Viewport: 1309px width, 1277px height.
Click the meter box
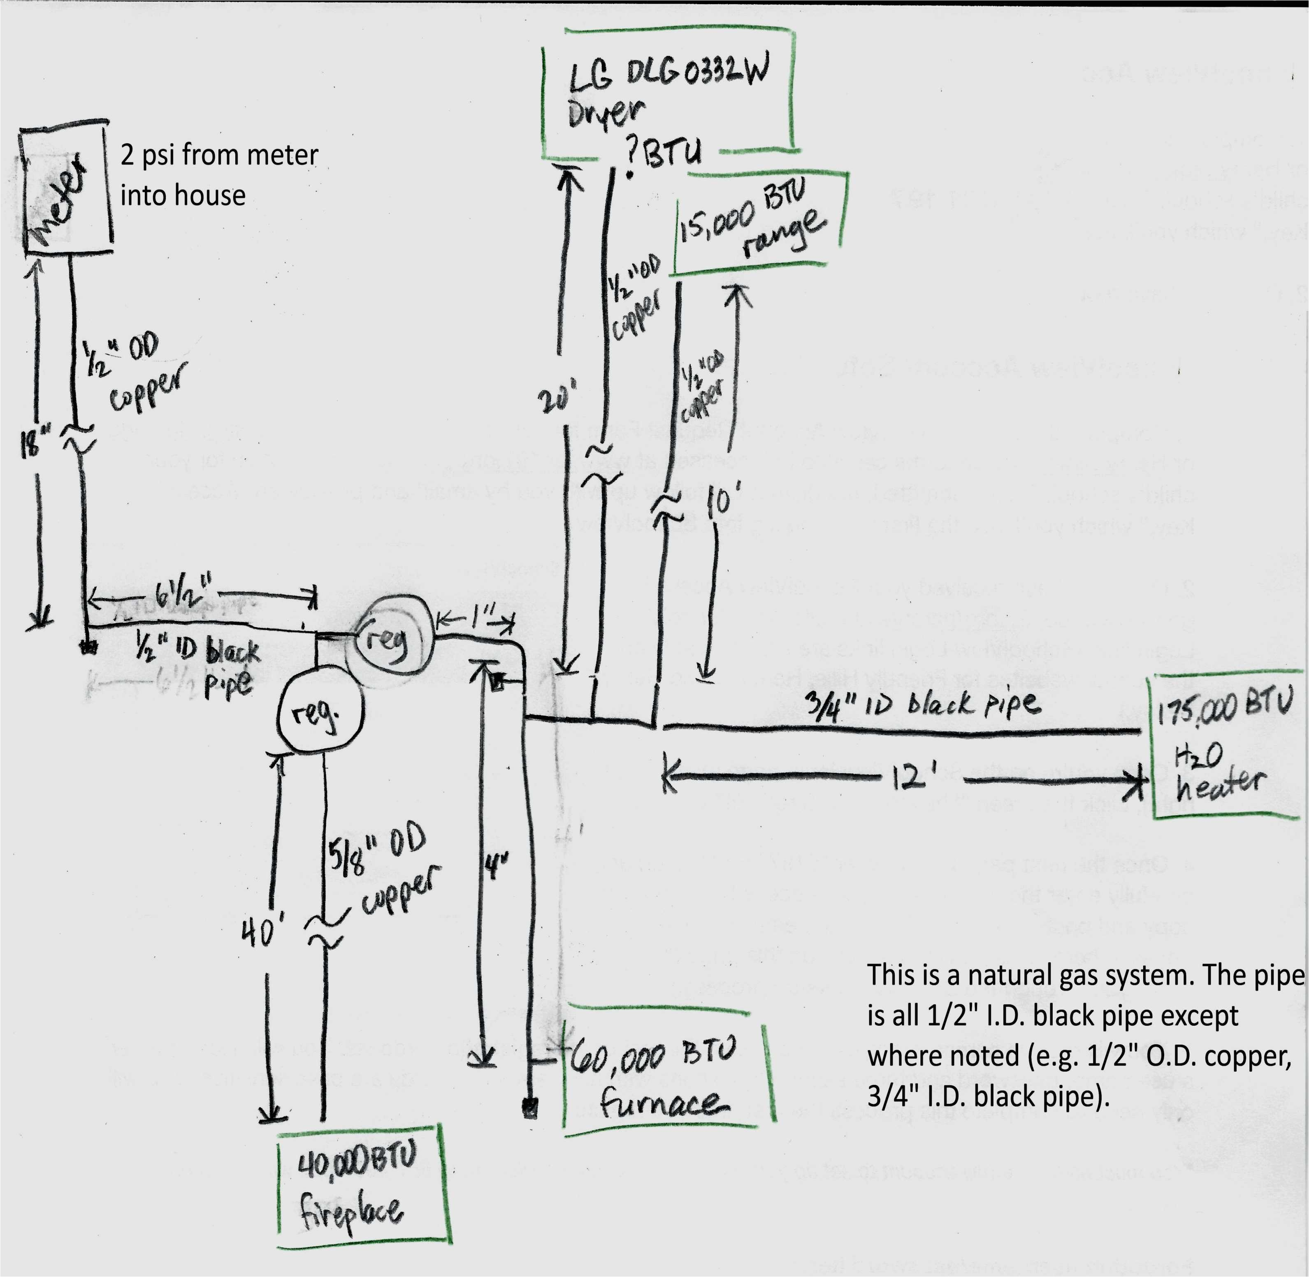point(66,191)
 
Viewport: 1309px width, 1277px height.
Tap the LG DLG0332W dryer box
point(668,94)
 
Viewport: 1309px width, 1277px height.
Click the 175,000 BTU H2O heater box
point(1224,748)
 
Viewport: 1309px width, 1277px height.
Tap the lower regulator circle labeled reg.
point(321,714)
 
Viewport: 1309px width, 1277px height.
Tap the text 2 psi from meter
point(219,155)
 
